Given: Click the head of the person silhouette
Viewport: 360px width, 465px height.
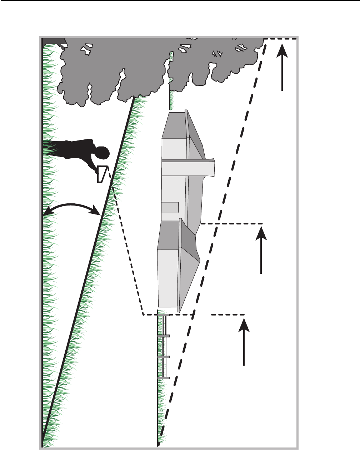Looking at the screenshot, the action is pyautogui.click(x=102, y=154).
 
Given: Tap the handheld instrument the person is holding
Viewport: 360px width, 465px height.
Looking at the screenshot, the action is pyautogui.click(x=102, y=174).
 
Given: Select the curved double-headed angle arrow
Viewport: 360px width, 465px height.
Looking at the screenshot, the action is pyautogui.click(x=71, y=206).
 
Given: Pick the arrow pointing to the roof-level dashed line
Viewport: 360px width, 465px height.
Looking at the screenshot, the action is pyautogui.click(x=261, y=250).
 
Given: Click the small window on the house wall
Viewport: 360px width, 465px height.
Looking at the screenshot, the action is pyautogui.click(x=170, y=207).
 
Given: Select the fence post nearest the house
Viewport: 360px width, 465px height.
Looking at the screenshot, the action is pyautogui.click(x=163, y=315).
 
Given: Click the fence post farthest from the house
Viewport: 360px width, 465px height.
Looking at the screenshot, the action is pyautogui.click(x=163, y=377).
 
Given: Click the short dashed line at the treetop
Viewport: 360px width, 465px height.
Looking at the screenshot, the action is pyautogui.click(x=282, y=39).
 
